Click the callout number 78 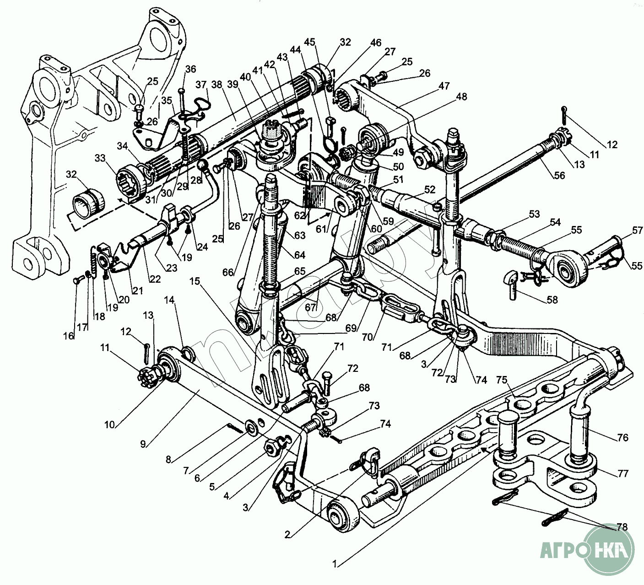coord(622,527)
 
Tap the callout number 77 coord(622,473)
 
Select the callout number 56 coord(559,175)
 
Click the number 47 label coord(444,86)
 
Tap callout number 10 coord(109,424)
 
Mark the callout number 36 coord(190,69)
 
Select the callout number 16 coord(69,336)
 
